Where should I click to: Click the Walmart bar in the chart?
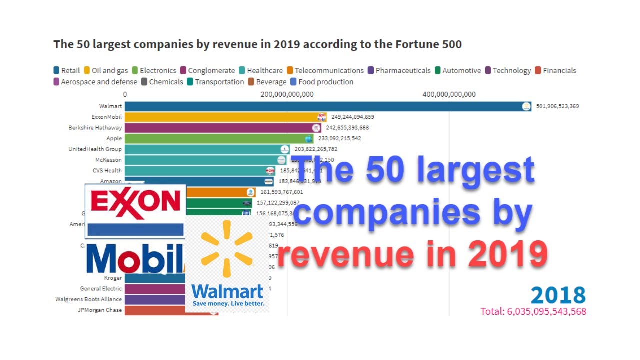coord(325,106)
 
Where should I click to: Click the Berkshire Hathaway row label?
coord(95,128)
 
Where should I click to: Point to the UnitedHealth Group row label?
coord(95,149)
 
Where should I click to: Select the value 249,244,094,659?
coord(352,117)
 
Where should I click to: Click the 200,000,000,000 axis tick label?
coord(287,94)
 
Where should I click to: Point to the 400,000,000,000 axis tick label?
coord(449,94)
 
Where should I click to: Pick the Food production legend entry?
coord(325,82)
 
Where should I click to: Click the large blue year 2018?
coord(558,295)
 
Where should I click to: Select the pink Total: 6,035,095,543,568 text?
coord(533,311)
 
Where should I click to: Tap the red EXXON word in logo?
coord(135,201)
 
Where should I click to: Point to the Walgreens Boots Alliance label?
coord(88,299)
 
